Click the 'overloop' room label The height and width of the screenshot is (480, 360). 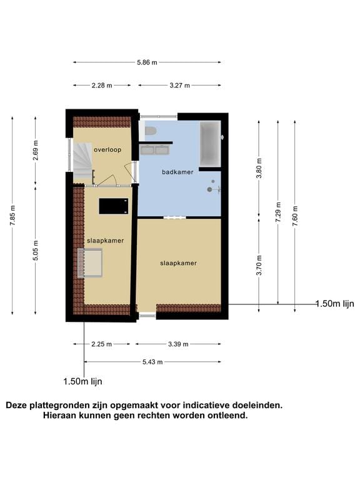[x=107, y=150]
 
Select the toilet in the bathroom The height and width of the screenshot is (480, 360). [x=150, y=131]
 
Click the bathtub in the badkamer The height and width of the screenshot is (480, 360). [x=209, y=144]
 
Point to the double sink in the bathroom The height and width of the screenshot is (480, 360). [x=155, y=150]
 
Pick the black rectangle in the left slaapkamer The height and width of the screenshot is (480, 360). [x=114, y=205]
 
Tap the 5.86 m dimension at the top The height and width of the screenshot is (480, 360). [x=147, y=62]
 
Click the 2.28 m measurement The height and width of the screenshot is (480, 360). [x=101, y=85]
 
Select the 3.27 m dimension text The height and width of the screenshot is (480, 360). [x=179, y=85]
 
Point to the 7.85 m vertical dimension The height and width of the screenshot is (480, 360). [x=12, y=216]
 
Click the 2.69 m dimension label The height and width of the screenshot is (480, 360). [x=36, y=153]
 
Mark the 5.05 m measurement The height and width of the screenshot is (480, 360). [x=36, y=248]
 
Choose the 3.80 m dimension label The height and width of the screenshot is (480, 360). [x=259, y=167]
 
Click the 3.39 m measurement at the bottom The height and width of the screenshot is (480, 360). [x=178, y=344]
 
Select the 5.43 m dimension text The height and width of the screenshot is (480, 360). [x=152, y=362]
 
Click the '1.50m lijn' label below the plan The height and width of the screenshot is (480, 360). [x=82, y=381]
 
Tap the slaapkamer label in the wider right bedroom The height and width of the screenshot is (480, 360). [x=179, y=263]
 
